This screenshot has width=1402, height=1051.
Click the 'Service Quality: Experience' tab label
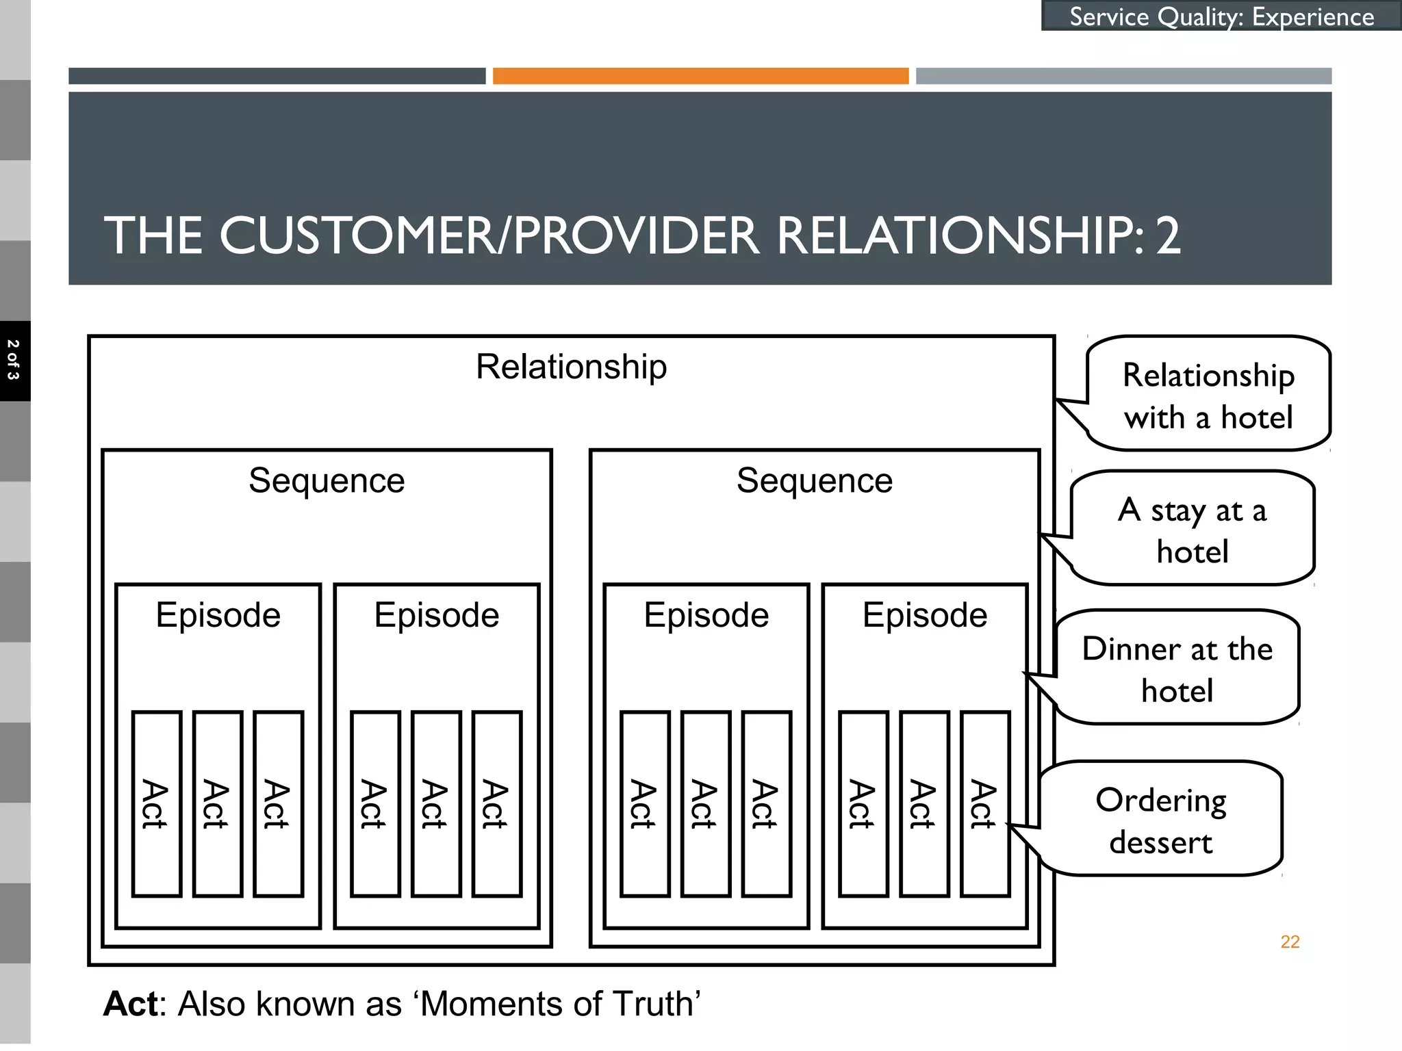pos(1221,16)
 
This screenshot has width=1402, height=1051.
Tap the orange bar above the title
pos(700,76)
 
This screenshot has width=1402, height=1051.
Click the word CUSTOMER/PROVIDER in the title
pos(489,236)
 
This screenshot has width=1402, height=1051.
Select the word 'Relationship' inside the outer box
pos(571,367)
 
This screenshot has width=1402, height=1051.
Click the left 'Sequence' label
pos(327,480)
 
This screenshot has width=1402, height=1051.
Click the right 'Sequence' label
pos(814,480)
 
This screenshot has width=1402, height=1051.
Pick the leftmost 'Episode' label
pos(218,615)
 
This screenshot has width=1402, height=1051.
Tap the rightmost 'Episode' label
pos(924,615)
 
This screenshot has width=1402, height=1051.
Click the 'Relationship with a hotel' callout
pos(1208,395)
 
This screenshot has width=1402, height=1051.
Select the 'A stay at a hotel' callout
pos(1192,530)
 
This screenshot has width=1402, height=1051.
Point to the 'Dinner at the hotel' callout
pos(1177,669)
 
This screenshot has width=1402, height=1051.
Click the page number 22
pos(1290,942)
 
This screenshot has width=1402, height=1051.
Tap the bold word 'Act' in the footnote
pos(131,1004)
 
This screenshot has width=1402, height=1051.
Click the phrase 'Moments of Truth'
pos(559,1004)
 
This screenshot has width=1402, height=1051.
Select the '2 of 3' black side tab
pos(14,361)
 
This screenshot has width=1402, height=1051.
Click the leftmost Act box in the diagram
pos(156,804)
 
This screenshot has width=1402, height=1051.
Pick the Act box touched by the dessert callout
pos(984,804)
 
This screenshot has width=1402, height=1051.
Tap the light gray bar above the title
pos(1123,76)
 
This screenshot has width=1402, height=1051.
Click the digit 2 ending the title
pos(1168,236)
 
